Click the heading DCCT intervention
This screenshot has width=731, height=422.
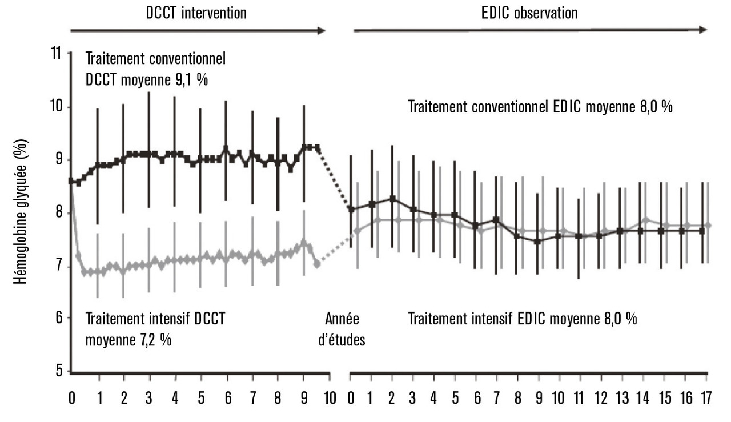coord(196,13)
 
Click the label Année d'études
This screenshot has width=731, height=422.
coord(345,328)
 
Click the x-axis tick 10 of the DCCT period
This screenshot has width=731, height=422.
coord(330,396)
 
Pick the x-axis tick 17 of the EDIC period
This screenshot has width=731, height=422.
coord(705,396)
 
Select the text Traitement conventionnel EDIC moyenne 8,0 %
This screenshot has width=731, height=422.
coord(540,107)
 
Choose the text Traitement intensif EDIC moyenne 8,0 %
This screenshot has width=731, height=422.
coord(523,318)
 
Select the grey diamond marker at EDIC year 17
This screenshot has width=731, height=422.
coord(708,226)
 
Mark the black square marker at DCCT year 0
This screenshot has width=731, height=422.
coord(71,181)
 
